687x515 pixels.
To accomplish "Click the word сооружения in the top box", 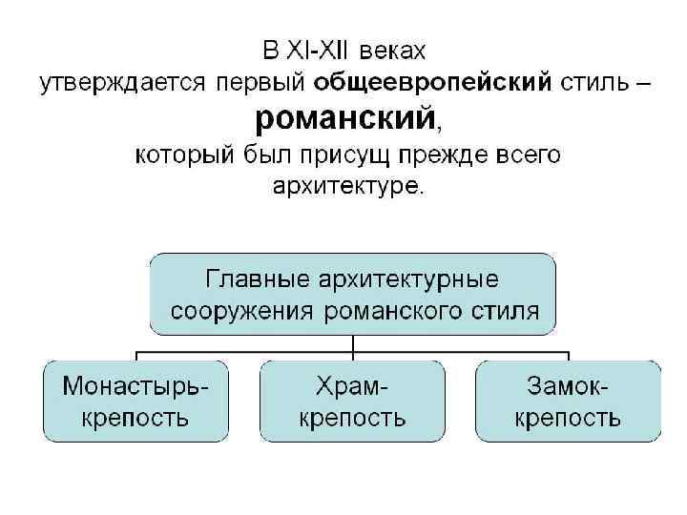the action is (x=243, y=311).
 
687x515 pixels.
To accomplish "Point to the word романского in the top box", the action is (x=392, y=311).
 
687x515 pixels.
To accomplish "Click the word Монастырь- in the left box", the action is (x=135, y=386).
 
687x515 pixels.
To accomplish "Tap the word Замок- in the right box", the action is (x=568, y=386).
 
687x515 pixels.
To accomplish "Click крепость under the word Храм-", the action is (x=353, y=417).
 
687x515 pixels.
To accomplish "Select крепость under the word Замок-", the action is (x=568, y=417).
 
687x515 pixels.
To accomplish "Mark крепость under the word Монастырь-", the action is (x=135, y=417).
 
